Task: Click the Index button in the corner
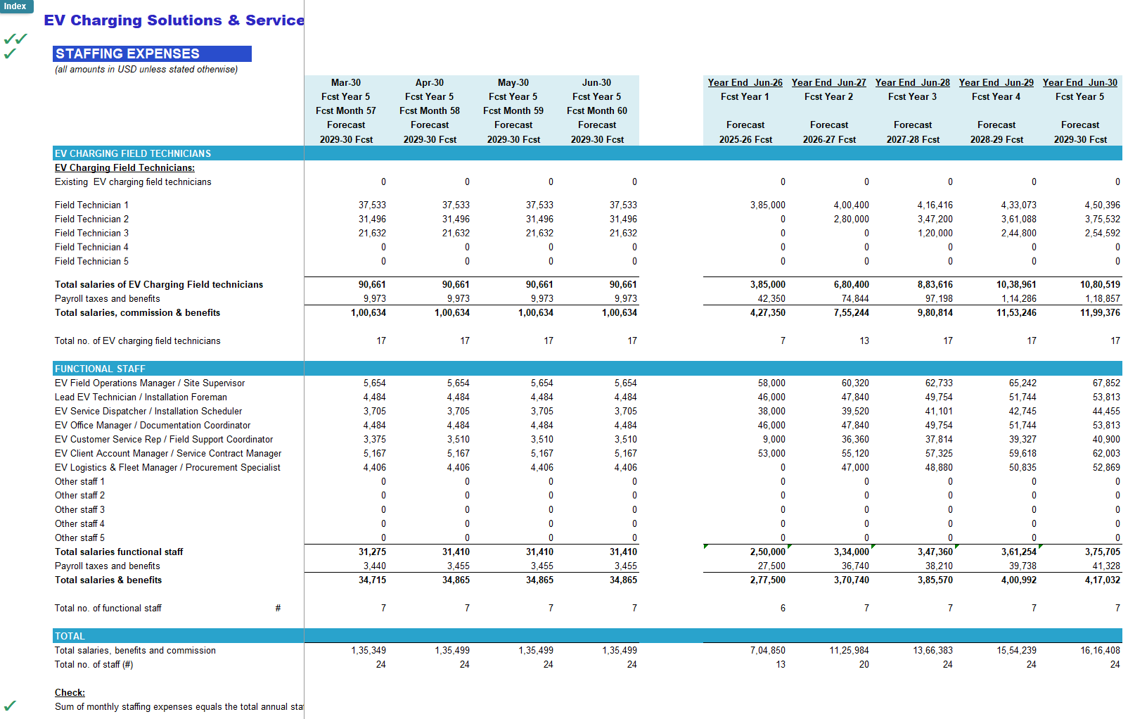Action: (16, 6)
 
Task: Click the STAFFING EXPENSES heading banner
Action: (152, 53)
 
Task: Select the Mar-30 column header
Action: (345, 82)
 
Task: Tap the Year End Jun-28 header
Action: (913, 82)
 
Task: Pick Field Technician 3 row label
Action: (91, 234)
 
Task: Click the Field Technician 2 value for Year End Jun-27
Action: (851, 219)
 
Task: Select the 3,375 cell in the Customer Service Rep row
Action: (375, 440)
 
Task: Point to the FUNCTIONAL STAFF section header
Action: (100, 369)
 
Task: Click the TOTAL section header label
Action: (70, 636)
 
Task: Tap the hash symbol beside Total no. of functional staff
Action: (278, 608)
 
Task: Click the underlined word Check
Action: (70, 692)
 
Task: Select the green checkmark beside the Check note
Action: (10, 706)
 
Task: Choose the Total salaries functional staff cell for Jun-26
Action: (767, 552)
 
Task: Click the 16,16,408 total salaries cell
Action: (1101, 651)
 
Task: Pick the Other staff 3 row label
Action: (79, 509)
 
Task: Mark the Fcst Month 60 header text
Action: (597, 111)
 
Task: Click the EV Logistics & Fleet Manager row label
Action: (167, 468)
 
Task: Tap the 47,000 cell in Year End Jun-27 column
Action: (855, 468)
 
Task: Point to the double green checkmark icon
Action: (15, 39)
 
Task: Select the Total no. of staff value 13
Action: (781, 665)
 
